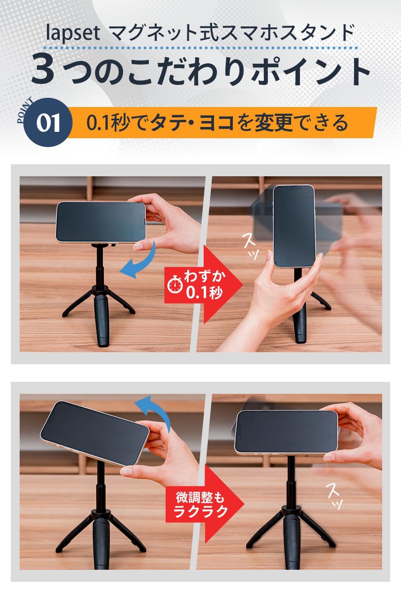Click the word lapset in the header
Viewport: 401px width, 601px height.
(73, 33)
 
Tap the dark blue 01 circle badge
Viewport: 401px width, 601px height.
(48, 123)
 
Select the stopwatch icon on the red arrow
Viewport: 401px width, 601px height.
(175, 285)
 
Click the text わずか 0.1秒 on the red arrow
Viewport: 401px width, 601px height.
(204, 285)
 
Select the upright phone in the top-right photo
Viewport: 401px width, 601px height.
(294, 226)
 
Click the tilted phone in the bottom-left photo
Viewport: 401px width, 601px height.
(95, 433)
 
